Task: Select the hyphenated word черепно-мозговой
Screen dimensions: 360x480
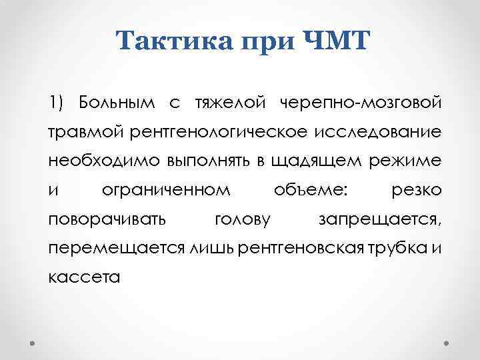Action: [x=360, y=103]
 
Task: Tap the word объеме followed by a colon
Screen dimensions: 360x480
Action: [x=311, y=190]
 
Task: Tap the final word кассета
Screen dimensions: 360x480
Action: [x=84, y=277]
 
